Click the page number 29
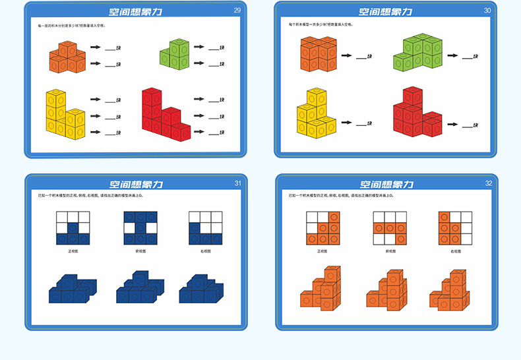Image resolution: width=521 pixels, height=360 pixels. click(237, 10)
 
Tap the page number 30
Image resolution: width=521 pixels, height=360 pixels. click(487, 10)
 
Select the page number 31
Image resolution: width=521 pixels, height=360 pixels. click(237, 183)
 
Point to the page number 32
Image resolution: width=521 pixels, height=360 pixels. click(488, 183)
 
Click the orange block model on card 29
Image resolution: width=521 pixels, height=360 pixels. click(67, 57)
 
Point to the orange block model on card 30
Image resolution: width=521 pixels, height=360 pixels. click(319, 54)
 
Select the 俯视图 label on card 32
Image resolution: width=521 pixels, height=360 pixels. click(389, 251)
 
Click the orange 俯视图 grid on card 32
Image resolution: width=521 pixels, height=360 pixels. click(389, 228)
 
